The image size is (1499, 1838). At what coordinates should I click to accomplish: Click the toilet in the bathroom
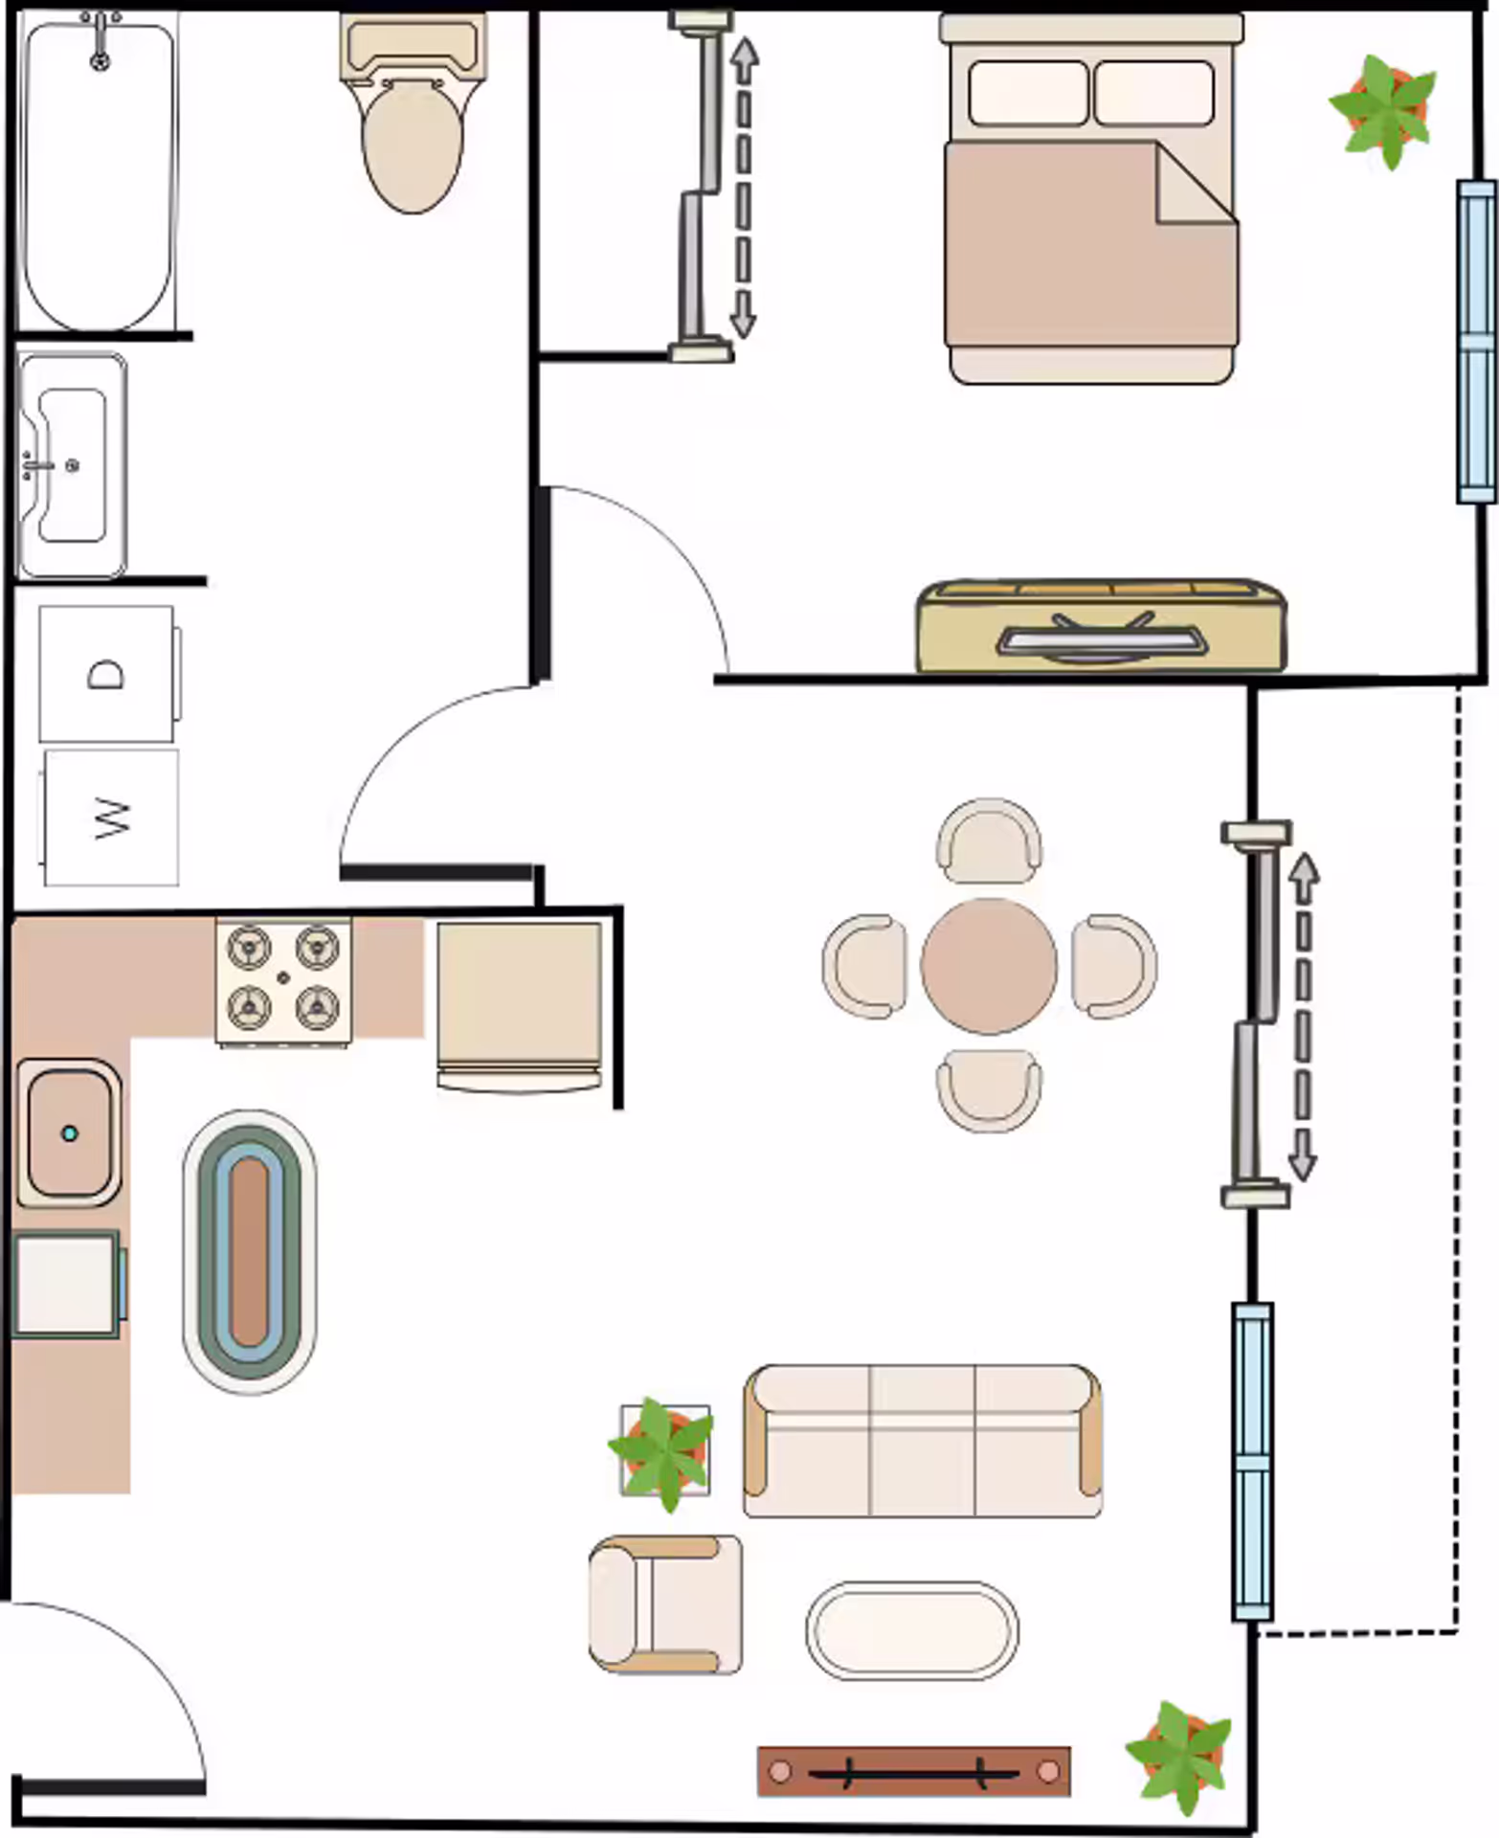tap(412, 124)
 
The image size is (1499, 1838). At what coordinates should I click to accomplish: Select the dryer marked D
tap(106, 674)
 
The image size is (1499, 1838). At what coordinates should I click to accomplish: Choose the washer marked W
tap(111, 817)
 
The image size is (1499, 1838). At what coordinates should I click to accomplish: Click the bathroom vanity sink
tap(72, 466)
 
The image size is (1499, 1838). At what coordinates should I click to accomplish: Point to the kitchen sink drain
tap(69, 1133)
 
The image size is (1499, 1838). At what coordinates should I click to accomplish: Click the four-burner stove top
tap(283, 978)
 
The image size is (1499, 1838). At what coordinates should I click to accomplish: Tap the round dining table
tap(989, 966)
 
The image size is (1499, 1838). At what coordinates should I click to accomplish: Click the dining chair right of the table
tap(1112, 966)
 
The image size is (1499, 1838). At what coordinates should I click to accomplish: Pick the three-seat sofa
tap(922, 1441)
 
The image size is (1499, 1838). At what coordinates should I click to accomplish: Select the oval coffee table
tap(912, 1629)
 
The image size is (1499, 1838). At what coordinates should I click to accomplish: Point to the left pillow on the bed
tap(1027, 93)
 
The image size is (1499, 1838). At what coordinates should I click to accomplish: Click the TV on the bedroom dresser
tap(1101, 639)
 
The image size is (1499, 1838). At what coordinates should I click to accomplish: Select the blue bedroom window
tap(1475, 341)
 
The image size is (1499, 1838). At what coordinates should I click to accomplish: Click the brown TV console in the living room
tap(913, 1772)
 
